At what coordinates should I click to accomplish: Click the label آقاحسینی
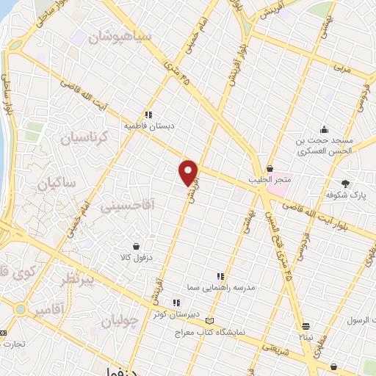pyautogui.click(x=129, y=208)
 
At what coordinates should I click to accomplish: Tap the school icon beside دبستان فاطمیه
pyautogui.click(x=148, y=115)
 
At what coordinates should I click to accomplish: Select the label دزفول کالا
pyautogui.click(x=136, y=258)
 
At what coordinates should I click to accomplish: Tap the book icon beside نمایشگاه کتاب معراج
pyautogui.click(x=211, y=320)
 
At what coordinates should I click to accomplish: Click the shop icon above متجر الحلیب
pyautogui.click(x=270, y=168)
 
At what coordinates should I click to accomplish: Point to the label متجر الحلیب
pyautogui.click(x=279, y=179)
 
